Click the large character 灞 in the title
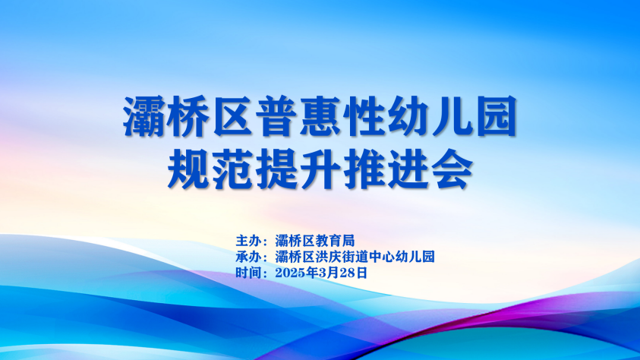coord(143,116)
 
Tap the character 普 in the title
coord(276,116)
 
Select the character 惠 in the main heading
coord(320,116)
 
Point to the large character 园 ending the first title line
coord(497,116)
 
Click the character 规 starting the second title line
coord(188,169)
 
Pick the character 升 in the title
coord(320,169)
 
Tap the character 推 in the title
coord(364,169)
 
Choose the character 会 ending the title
coord(452,169)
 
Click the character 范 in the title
coord(232,169)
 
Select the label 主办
coord(248,241)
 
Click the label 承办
coord(248,257)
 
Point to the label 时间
coord(248,273)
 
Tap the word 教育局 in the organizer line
coord(335,241)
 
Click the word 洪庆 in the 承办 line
coord(328,257)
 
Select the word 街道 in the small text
coord(355,257)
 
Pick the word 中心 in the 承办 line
coord(381,257)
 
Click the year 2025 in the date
coord(290,273)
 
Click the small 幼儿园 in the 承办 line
coord(415,257)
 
